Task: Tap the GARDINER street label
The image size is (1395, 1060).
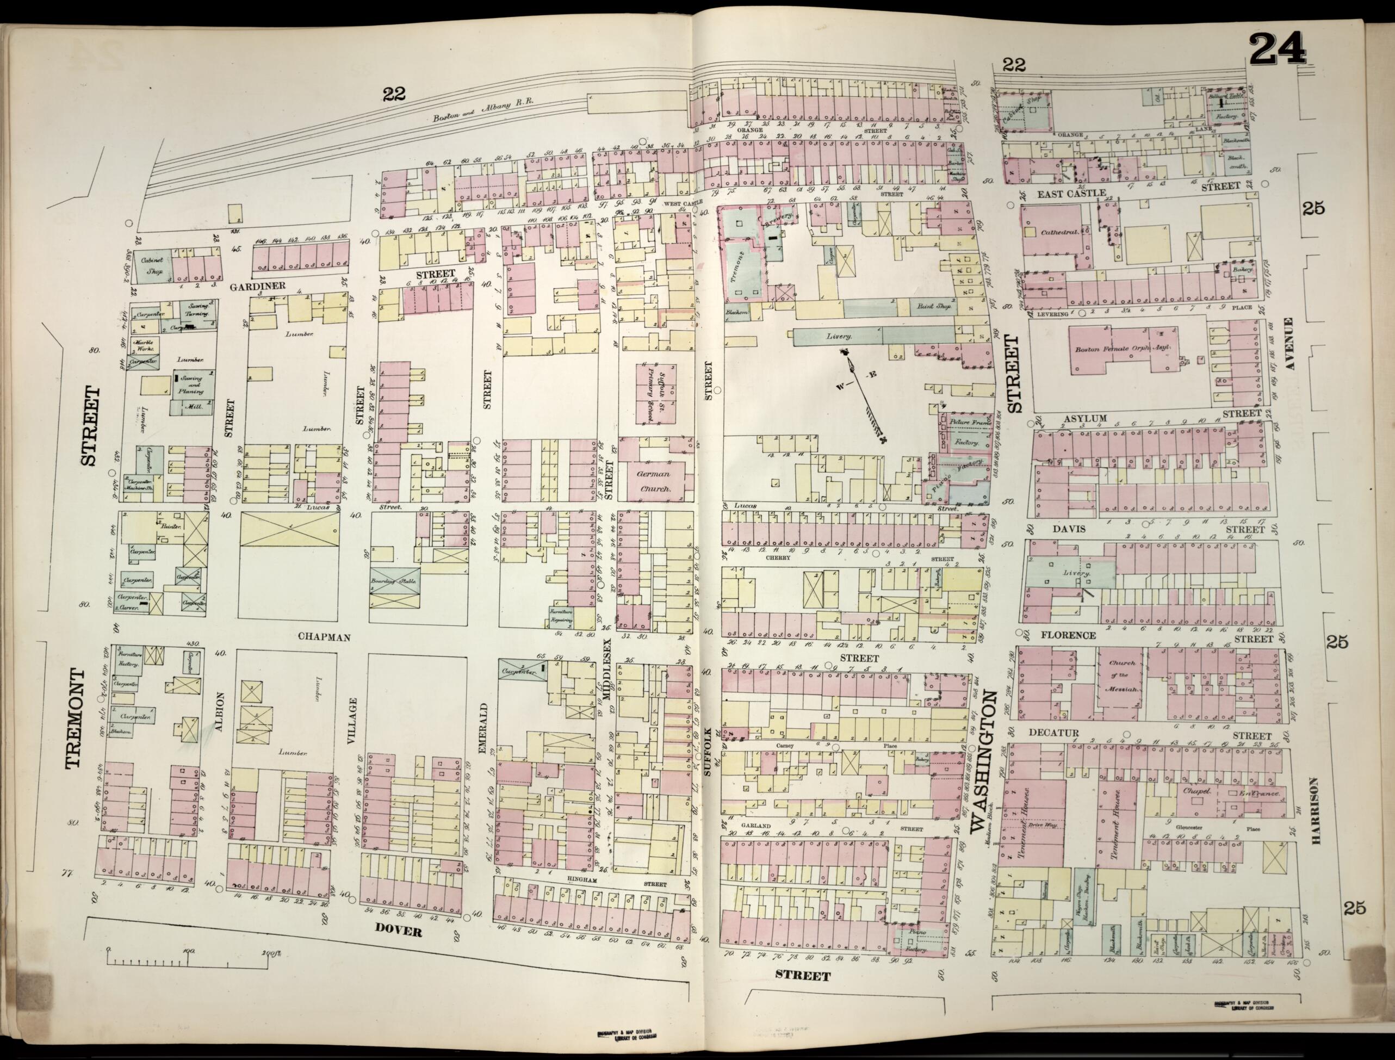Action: click(x=258, y=286)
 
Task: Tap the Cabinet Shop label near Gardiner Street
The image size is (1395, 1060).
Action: click(x=152, y=265)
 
